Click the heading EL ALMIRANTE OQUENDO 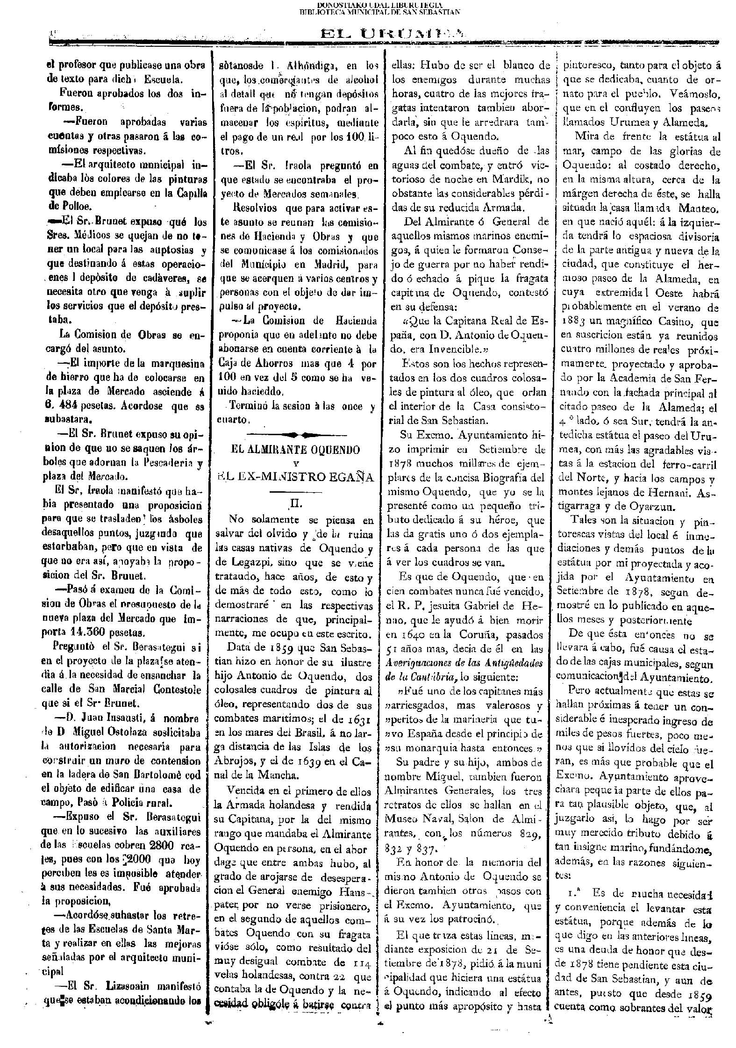tap(296, 450)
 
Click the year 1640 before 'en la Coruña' tap(406, 635)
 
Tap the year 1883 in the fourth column tap(575, 323)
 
